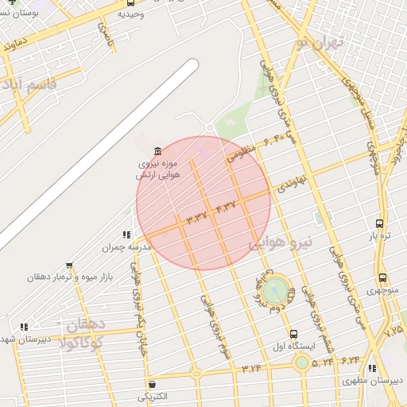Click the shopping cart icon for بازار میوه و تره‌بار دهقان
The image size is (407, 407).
70,266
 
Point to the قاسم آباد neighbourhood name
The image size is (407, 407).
30,87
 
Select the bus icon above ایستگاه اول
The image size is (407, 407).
294,334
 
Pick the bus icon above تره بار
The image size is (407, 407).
380,224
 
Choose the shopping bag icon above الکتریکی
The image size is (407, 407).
152,385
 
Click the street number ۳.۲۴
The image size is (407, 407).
252,367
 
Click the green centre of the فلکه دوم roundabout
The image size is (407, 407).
275,288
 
